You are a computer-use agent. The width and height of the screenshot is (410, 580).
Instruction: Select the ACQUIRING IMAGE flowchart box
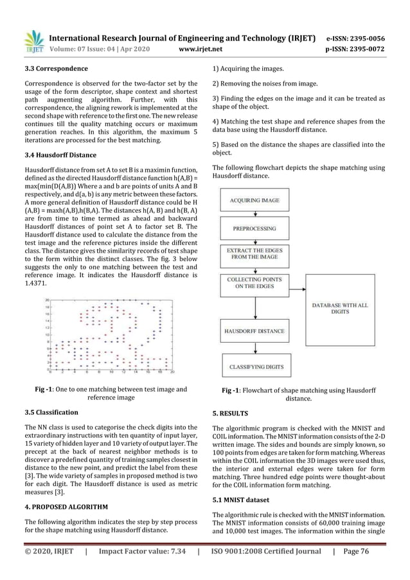click(x=255, y=201)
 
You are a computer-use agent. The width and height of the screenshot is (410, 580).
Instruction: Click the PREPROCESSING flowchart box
click(x=255, y=228)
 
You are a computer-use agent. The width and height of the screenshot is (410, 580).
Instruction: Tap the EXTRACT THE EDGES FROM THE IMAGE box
click(x=255, y=253)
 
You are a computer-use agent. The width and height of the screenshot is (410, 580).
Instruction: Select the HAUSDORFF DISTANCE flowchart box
click(x=255, y=331)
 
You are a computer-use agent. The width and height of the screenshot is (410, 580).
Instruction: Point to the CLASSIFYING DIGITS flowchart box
click(x=259, y=367)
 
